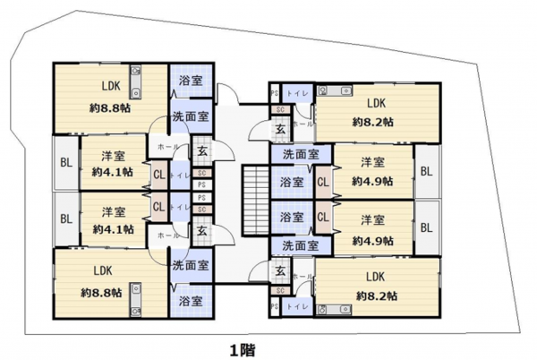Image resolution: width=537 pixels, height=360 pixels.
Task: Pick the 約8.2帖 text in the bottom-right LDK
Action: [373, 296]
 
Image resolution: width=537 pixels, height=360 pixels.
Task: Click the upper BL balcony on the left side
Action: [65, 162]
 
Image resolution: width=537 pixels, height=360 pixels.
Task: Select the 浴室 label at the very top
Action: [190, 81]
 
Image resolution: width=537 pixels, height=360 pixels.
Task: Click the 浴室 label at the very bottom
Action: [190, 300]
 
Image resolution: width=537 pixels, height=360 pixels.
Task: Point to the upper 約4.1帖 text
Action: [112, 171]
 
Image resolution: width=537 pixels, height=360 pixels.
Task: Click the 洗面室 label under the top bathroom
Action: [191, 116]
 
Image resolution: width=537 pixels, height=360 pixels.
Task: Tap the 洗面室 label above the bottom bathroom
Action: [191, 265]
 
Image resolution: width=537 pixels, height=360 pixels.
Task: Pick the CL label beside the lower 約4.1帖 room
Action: [158, 207]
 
